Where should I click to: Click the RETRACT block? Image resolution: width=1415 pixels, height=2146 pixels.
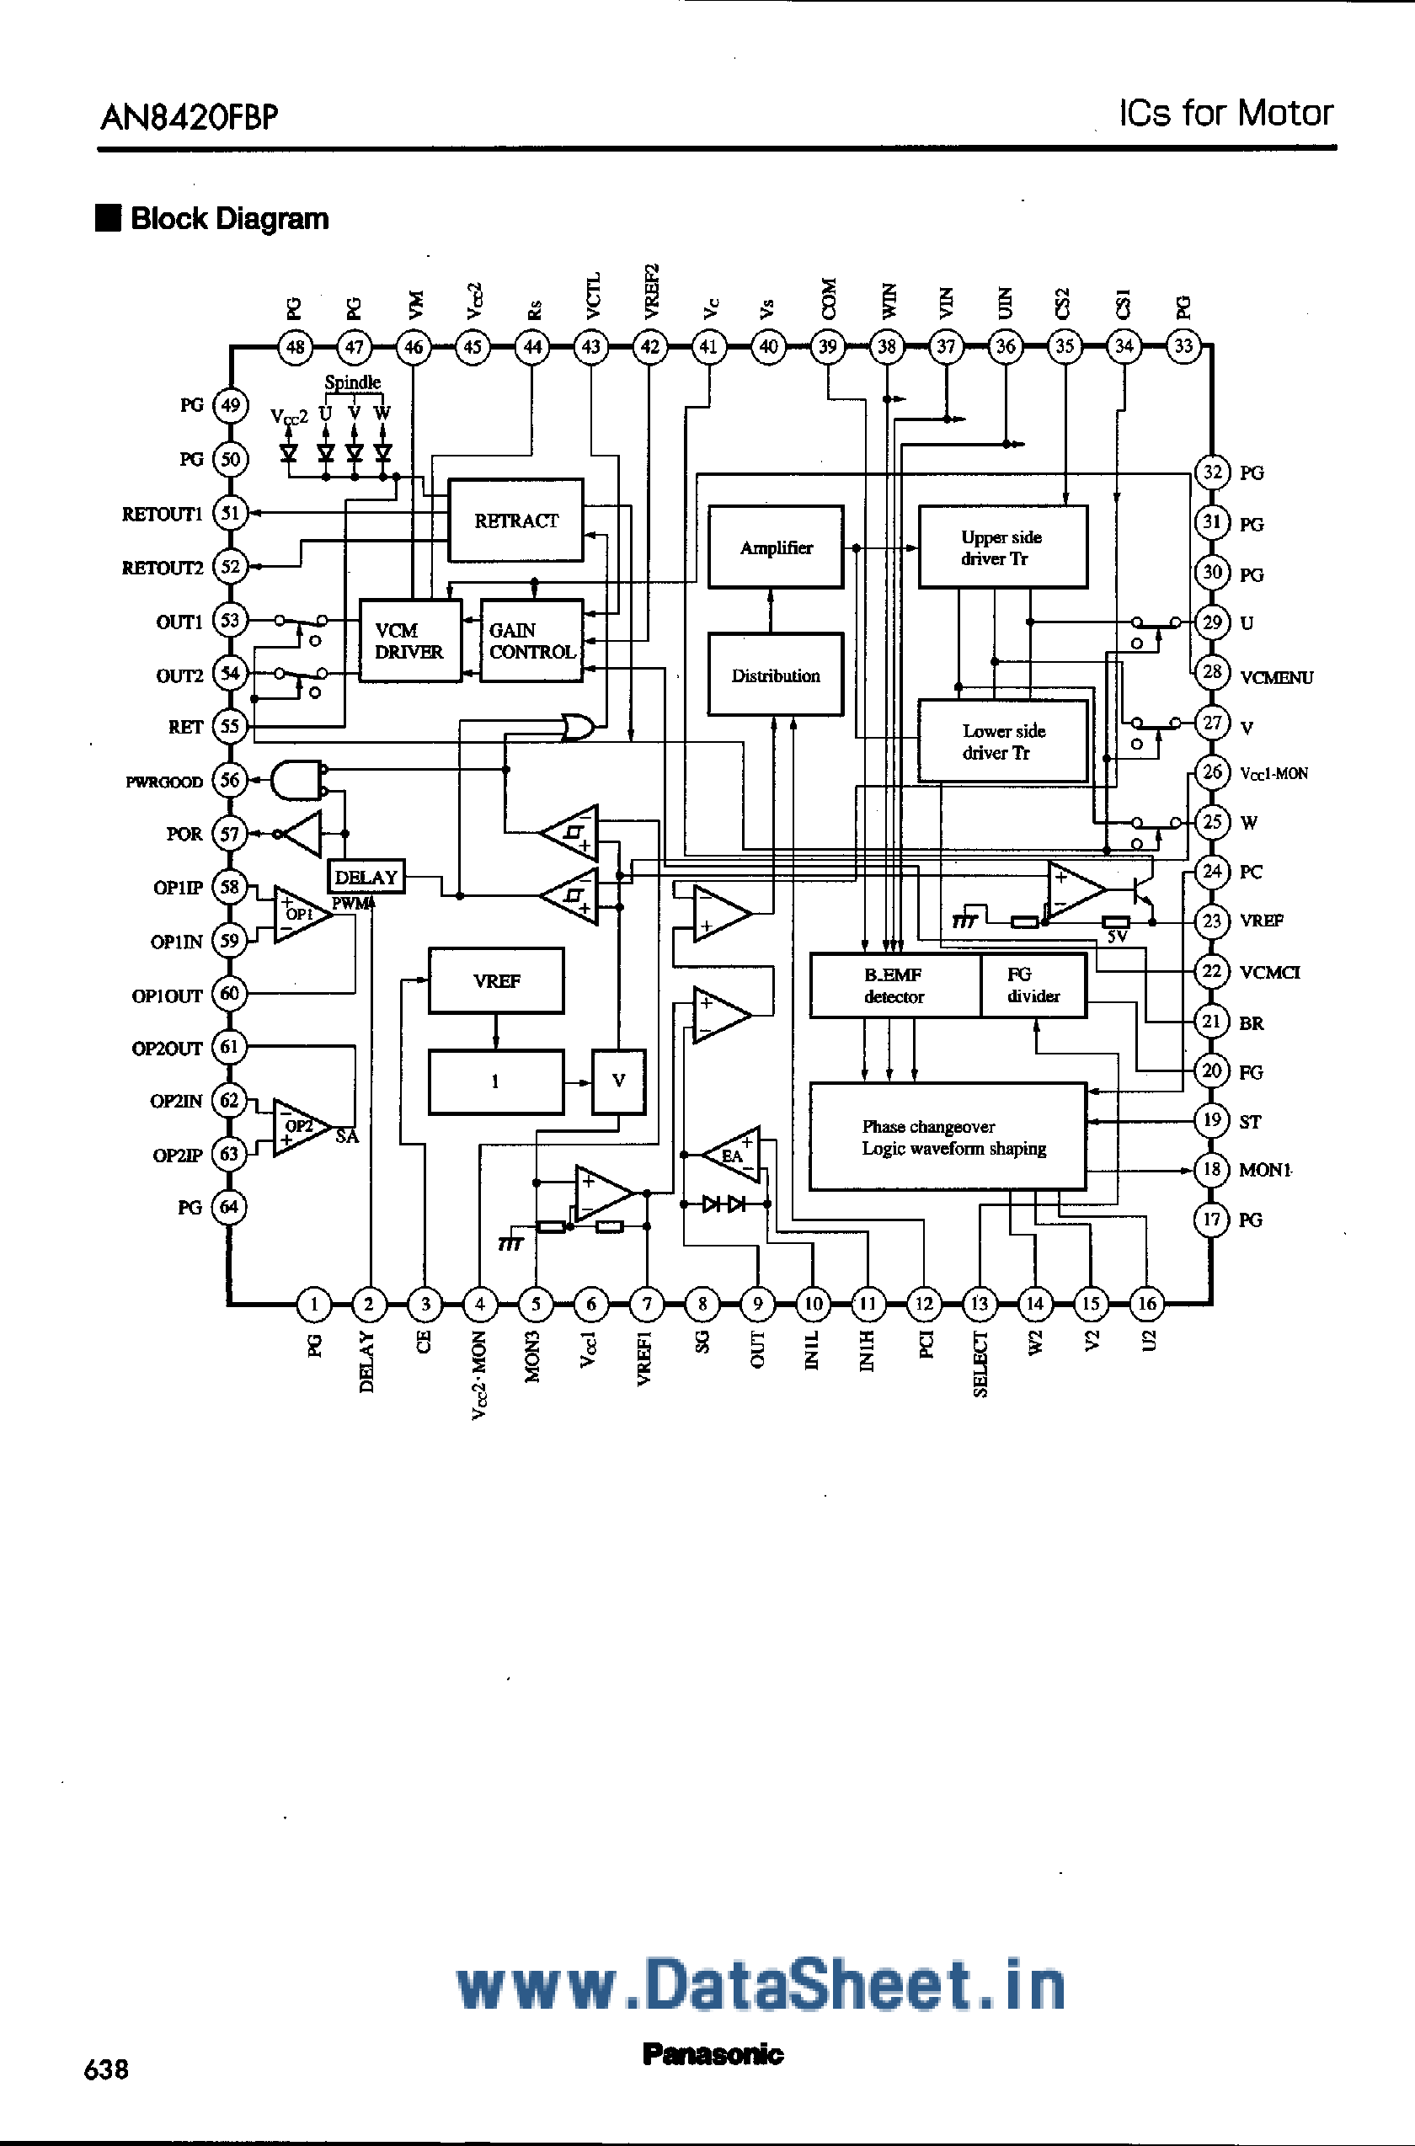515,520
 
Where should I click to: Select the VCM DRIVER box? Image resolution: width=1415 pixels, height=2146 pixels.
409,641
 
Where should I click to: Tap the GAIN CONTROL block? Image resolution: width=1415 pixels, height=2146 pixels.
531,641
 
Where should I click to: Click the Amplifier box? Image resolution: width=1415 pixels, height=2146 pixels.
775,547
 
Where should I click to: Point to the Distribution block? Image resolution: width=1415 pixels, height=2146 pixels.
775,675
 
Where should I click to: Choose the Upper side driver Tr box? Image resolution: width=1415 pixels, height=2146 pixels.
1002,547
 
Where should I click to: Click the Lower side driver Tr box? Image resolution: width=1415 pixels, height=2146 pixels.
1002,741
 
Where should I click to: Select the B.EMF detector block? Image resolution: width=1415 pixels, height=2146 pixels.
894,985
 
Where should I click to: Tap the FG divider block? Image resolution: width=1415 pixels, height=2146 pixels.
1033,985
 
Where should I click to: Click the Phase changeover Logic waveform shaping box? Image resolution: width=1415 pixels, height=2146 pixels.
948,1137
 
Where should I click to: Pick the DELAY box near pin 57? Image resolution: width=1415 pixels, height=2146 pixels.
366,876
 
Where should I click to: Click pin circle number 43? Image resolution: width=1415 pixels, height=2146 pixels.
591,346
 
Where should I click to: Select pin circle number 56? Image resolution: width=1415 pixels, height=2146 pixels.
230,781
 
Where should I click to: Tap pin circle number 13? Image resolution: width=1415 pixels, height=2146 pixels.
979,1303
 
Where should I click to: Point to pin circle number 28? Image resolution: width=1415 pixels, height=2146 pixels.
1212,671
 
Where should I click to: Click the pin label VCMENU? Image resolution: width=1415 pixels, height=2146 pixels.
1276,678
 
